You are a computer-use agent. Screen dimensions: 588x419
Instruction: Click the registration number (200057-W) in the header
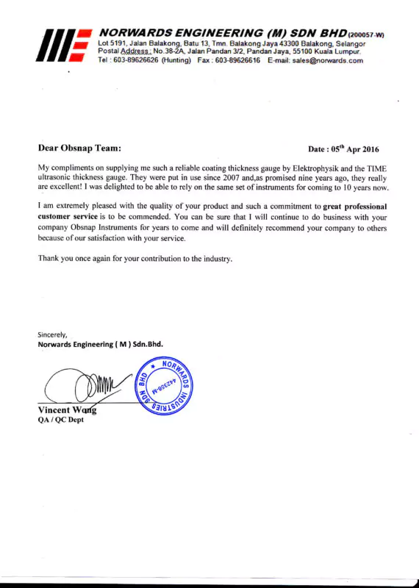coord(367,35)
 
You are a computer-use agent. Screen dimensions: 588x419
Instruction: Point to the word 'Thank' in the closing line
coord(50,259)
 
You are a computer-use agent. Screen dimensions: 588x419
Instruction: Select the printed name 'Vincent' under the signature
coord(54,410)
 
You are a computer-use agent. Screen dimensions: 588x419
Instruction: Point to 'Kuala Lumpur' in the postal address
coord(339,51)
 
